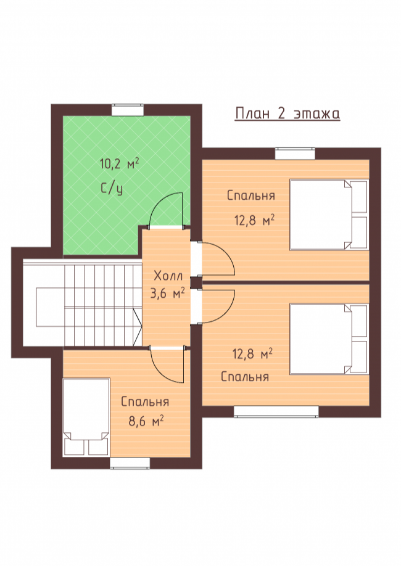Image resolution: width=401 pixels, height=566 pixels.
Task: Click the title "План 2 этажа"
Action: pyautogui.click(x=287, y=113)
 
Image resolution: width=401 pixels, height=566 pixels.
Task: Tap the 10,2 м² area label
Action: pyautogui.click(x=119, y=164)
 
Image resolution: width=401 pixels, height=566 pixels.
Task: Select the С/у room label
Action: pyautogui.click(x=112, y=189)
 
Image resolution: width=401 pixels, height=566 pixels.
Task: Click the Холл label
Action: pyautogui.click(x=168, y=276)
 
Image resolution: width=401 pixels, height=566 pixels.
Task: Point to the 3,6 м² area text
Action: pyautogui.click(x=168, y=293)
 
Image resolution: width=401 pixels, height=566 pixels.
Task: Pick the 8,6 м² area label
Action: pyautogui.click(x=146, y=421)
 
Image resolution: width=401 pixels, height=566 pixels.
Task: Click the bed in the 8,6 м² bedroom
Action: pyautogui.click(x=86, y=417)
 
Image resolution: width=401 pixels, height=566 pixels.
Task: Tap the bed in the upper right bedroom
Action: pyautogui.click(x=329, y=215)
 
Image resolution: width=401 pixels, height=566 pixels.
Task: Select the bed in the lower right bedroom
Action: pyautogui.click(x=329, y=339)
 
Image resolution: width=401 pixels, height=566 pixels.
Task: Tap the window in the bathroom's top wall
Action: pyautogui.click(x=128, y=110)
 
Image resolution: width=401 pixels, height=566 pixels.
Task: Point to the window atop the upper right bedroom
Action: pyautogui.click(x=295, y=154)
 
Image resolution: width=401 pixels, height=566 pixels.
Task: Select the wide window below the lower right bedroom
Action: pyautogui.click(x=276, y=411)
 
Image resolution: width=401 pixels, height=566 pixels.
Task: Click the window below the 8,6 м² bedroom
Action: pyautogui.click(x=130, y=463)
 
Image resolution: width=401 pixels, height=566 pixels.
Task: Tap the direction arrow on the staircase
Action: pyautogui.click(x=138, y=326)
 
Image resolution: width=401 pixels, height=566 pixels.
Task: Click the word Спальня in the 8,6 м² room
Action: pyautogui.click(x=145, y=402)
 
